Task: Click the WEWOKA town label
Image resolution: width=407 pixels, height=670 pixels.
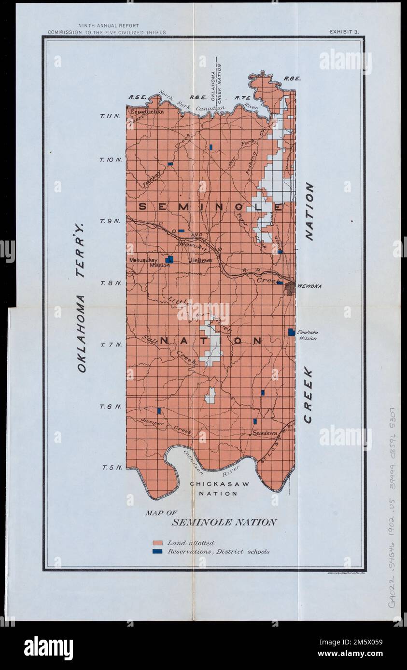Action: point(309,286)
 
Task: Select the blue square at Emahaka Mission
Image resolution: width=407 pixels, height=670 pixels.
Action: point(291,332)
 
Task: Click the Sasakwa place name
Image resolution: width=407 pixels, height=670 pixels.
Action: point(265,433)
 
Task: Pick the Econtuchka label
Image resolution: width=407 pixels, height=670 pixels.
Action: point(146,111)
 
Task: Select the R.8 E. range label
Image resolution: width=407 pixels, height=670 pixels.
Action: point(292,79)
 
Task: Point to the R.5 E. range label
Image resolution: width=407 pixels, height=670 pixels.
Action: point(137,97)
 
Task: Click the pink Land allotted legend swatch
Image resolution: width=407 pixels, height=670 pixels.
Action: point(157,543)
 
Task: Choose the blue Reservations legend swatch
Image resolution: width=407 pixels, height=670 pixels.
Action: point(157,551)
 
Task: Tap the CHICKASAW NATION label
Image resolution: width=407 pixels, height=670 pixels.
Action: point(219,488)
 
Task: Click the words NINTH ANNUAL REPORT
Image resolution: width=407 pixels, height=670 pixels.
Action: point(109,26)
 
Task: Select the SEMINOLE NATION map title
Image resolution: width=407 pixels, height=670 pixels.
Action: point(224,522)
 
